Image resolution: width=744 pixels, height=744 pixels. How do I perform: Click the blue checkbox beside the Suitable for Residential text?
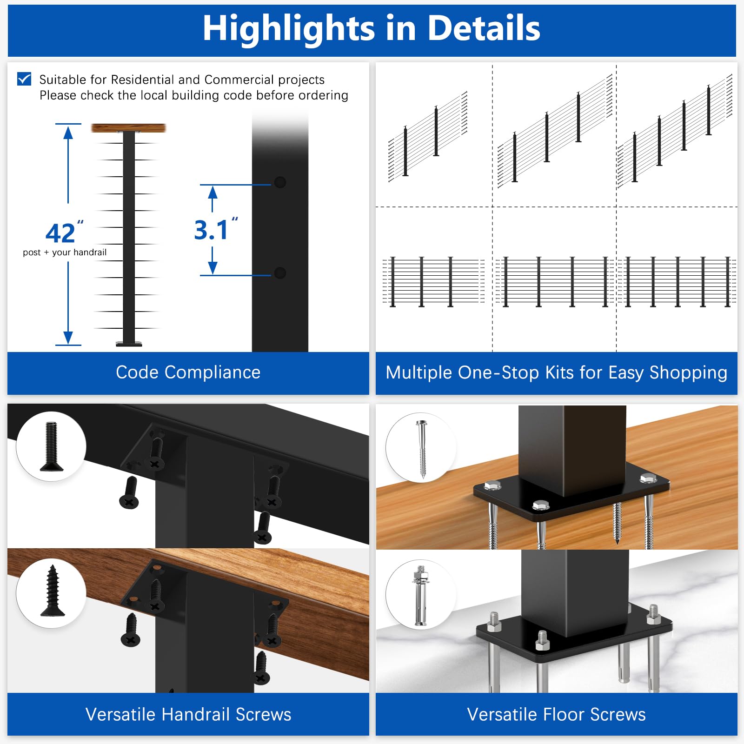pyautogui.click(x=24, y=79)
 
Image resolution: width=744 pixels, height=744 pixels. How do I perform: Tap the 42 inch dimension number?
pyautogui.click(x=60, y=233)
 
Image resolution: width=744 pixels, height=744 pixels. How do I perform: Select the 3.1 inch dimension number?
pyautogui.click(x=211, y=230)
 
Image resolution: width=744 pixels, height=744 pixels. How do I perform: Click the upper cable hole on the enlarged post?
pyautogui.click(x=280, y=182)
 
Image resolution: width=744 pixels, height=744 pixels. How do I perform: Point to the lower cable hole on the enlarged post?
pyautogui.click(x=280, y=273)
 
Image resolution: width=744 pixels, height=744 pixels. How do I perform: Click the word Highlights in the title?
pyautogui.click(x=289, y=29)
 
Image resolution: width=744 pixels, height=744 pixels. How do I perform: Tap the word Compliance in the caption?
pyautogui.click(x=213, y=372)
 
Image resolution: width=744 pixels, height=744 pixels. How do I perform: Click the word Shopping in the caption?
pyautogui.click(x=688, y=373)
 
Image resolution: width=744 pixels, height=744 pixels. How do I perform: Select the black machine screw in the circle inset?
pyautogui.click(x=51, y=446)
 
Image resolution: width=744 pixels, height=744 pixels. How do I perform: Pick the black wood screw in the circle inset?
pyautogui.click(x=52, y=591)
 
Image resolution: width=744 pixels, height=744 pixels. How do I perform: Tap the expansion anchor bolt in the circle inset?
pyautogui.click(x=421, y=596)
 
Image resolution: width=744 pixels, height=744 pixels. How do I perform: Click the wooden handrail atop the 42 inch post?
pyautogui.click(x=128, y=128)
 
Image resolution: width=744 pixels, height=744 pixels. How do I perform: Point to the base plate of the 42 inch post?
pyautogui.click(x=129, y=344)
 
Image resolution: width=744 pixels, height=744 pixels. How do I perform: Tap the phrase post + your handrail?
pyautogui.click(x=65, y=252)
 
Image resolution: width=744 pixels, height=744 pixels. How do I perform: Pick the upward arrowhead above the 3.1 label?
pyautogui.click(x=213, y=192)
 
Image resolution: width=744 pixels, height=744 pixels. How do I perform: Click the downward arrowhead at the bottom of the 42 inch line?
pyautogui.click(x=68, y=338)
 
